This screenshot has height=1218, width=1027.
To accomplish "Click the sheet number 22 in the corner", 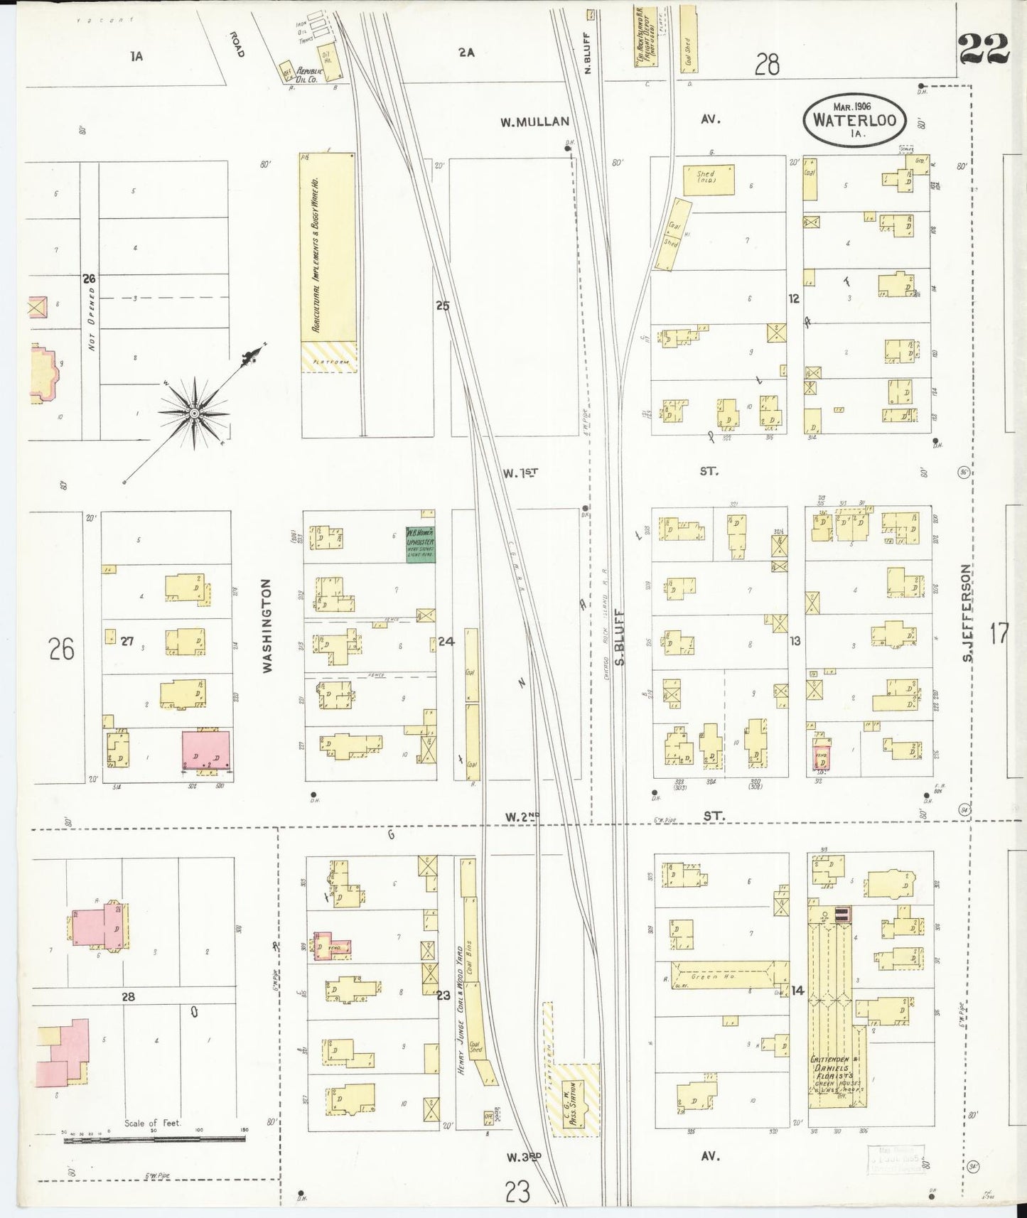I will pos(984,48).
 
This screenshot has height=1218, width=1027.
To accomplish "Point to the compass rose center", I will pos(193,413).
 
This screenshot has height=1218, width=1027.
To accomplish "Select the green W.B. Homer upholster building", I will pos(420,545).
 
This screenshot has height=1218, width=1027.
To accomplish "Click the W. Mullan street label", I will pos(534,122).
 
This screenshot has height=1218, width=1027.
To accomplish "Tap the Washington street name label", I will pos(267,625).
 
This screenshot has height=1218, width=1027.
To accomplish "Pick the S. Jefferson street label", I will pos(967,613).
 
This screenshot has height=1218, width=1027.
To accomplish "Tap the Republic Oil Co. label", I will pos(311,72).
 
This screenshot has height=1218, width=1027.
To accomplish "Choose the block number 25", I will pos(443,306).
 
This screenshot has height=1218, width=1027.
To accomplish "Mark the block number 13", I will pos(795,641).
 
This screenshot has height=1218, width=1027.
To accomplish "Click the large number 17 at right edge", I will pos(999,632).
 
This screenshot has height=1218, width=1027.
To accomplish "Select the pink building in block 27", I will pos(206,749).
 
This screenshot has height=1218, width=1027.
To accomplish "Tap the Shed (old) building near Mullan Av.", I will pos(709,179).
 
